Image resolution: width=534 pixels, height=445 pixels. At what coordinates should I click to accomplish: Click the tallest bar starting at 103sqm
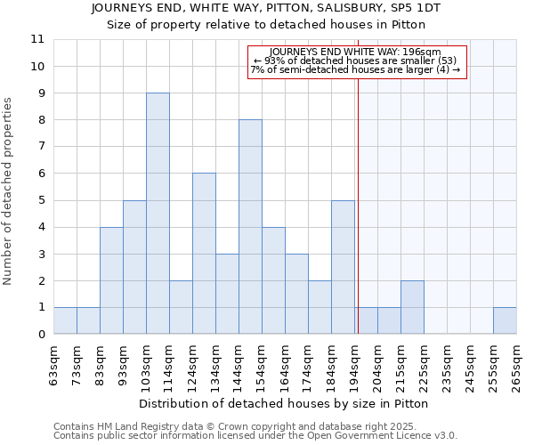pos(158,214)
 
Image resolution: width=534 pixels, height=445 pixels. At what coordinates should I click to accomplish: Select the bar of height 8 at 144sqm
pos(250,227)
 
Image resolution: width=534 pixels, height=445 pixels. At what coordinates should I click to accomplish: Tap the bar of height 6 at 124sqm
pos(204,254)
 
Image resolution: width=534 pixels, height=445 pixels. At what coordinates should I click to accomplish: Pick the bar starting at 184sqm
pos(343,267)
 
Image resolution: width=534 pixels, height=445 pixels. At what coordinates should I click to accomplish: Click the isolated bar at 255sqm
pos(505,320)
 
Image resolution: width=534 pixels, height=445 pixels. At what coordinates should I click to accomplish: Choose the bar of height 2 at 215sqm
pos(412,307)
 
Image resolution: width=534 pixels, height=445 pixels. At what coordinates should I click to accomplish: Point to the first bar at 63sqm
pos(65,320)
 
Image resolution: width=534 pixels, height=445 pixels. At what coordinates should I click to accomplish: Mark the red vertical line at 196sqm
pos(358,196)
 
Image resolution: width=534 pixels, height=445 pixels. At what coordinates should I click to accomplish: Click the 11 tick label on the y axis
pos(37,39)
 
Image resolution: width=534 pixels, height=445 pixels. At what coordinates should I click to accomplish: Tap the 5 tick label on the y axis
pos(41,200)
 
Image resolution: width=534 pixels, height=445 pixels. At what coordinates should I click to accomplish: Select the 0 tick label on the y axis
pos(41,335)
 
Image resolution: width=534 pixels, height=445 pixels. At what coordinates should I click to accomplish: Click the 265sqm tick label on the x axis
pos(516,367)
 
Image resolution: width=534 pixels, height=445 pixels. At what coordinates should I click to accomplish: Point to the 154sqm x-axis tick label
pos(262,367)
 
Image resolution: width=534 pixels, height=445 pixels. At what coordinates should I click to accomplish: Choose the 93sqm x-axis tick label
pos(123,367)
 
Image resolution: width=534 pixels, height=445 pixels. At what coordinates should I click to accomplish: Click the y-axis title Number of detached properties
pos(9,191)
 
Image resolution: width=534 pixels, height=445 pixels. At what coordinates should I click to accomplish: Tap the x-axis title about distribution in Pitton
pos(284,403)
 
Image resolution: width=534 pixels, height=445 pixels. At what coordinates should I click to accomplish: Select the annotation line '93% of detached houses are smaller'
pos(356,61)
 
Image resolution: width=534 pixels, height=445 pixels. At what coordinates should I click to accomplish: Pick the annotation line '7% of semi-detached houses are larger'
pos(356,69)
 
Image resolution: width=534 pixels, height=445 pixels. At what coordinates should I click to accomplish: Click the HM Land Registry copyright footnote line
pos(255,426)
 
